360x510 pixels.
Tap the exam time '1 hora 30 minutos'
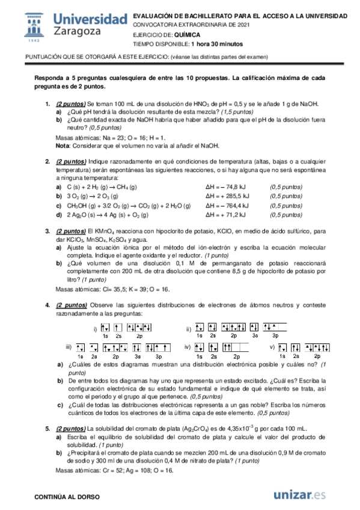coord(218,44)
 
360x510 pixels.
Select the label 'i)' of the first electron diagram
coord(95,328)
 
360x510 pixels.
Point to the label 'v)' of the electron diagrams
coord(272,348)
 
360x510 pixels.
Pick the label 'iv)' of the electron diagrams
coord(187,348)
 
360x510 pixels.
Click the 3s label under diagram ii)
coord(255,336)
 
